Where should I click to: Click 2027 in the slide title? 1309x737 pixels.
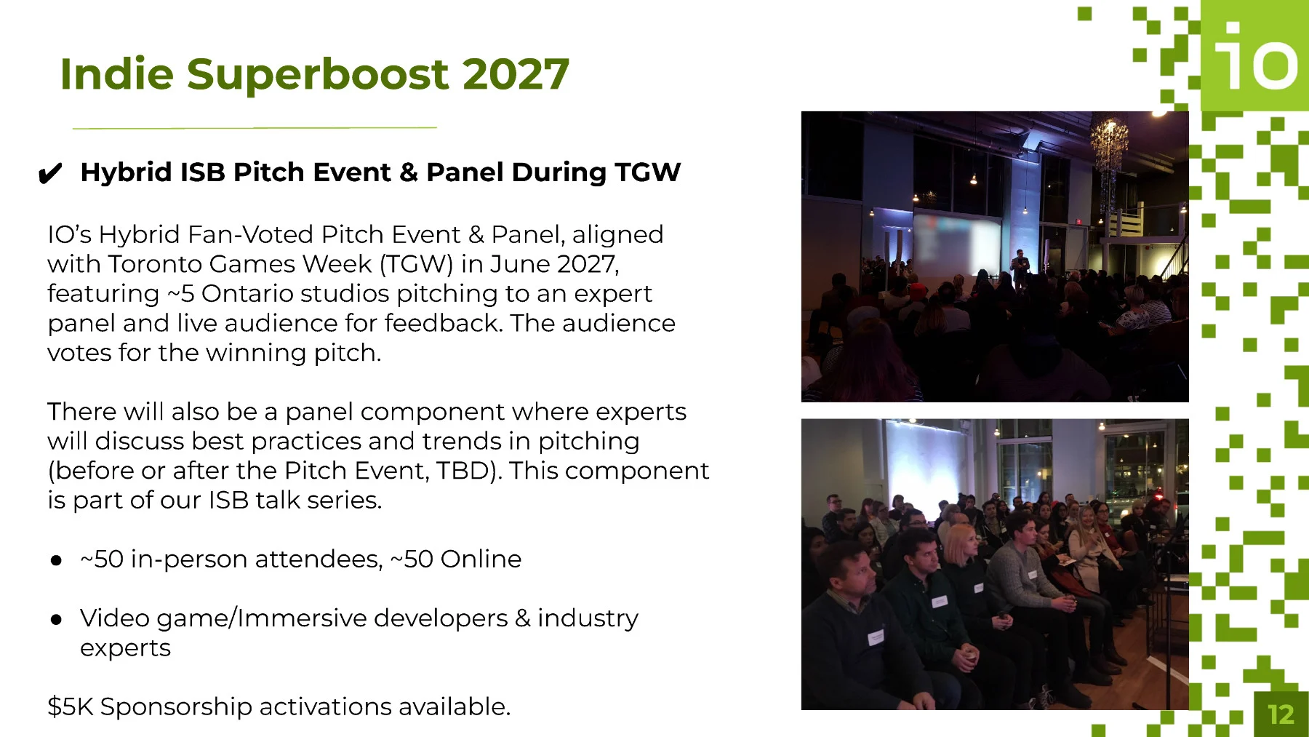click(x=515, y=74)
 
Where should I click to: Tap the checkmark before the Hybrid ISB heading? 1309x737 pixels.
click(x=49, y=174)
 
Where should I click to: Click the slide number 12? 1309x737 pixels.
click(x=1281, y=714)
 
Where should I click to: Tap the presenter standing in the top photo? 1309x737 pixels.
click(x=1020, y=268)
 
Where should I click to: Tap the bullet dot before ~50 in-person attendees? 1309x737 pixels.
click(x=56, y=560)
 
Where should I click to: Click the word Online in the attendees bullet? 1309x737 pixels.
click(x=481, y=559)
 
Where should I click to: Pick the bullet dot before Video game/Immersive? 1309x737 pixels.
click(x=56, y=619)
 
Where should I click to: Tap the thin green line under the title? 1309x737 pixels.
click(x=255, y=128)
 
